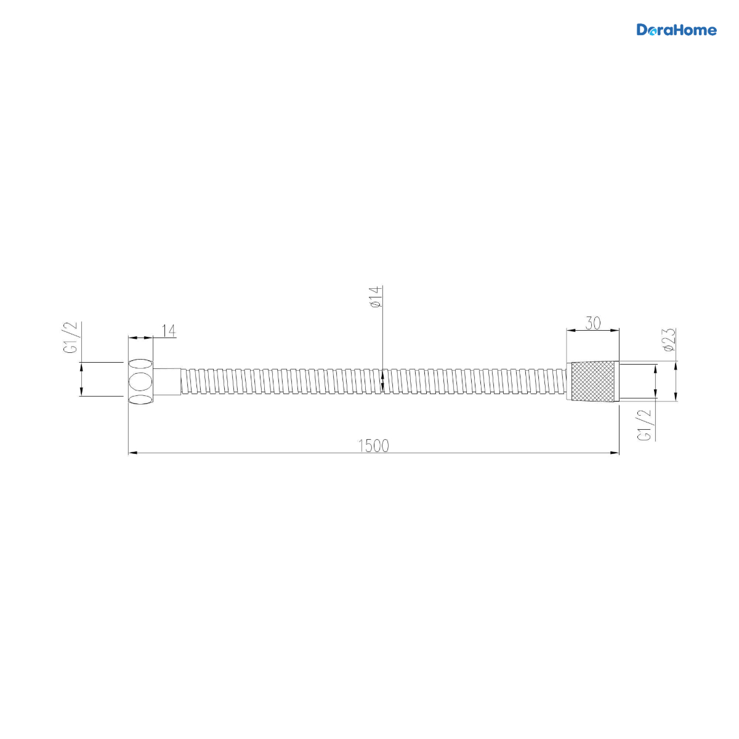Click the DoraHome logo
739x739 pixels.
[x=676, y=30]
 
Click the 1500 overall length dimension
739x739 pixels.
[x=373, y=446]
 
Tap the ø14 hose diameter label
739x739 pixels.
[x=376, y=297]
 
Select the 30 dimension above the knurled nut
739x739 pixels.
[x=592, y=323]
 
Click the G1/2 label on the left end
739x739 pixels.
[x=73, y=337]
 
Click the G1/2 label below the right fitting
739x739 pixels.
[x=644, y=426]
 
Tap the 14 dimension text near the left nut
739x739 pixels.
[x=168, y=331]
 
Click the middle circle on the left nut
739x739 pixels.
[x=140, y=382]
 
